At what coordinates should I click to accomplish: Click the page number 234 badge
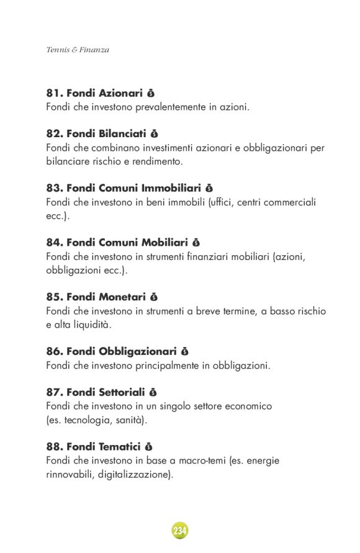tap(180, 531)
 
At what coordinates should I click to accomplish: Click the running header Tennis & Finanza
tap(78, 50)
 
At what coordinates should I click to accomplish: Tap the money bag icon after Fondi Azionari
tap(151, 94)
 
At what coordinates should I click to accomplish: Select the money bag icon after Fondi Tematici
tap(148, 446)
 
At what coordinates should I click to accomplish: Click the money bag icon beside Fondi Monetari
tap(154, 297)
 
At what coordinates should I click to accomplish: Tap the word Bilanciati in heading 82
tap(122, 133)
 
